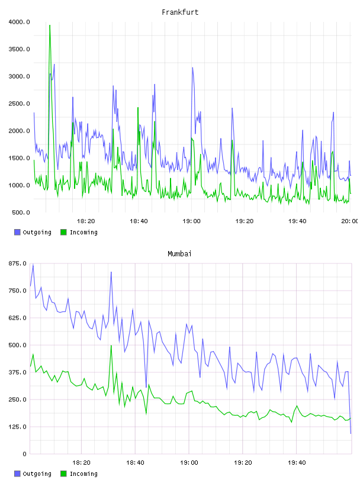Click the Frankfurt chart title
click(x=180, y=12)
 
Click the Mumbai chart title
click(x=179, y=254)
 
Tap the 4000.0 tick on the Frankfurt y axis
click(x=19, y=22)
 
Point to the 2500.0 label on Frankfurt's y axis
click(x=19, y=104)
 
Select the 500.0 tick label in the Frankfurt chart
click(x=21, y=212)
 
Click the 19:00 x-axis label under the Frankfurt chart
click(x=191, y=221)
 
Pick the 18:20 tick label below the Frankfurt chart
click(x=86, y=221)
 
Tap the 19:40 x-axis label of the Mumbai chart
click(x=297, y=463)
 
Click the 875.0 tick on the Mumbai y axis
click(x=17, y=263)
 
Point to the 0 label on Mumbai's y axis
click(x=24, y=454)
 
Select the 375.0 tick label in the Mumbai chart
click(x=17, y=372)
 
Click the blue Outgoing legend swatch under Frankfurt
click(x=17, y=232)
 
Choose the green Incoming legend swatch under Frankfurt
click(x=63, y=232)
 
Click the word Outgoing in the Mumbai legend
click(x=37, y=474)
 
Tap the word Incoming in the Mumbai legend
click(x=83, y=474)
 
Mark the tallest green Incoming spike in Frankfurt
click(x=50, y=25)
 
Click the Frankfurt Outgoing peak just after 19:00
click(x=192, y=67)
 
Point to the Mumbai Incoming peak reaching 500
click(x=111, y=346)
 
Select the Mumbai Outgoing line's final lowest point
click(x=351, y=433)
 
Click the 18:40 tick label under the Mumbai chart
click(x=135, y=463)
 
